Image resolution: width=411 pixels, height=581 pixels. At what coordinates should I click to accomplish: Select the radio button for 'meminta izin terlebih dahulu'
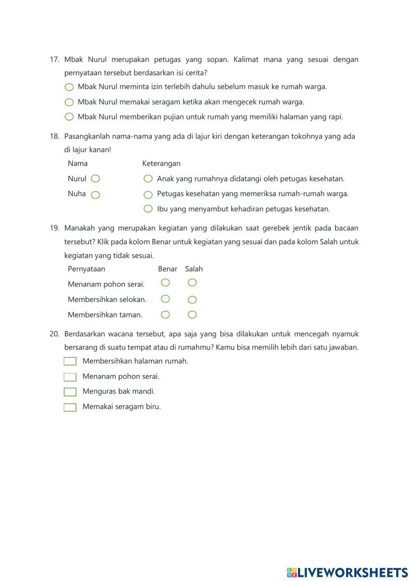(x=69, y=87)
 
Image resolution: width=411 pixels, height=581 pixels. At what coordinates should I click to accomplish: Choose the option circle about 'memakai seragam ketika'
(x=69, y=102)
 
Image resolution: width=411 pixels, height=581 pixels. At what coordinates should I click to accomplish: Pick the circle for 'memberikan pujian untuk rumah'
(x=69, y=117)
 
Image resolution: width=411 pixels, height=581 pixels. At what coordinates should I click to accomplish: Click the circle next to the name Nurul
(x=95, y=179)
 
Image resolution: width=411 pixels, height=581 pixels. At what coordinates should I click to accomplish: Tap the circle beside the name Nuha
(x=95, y=195)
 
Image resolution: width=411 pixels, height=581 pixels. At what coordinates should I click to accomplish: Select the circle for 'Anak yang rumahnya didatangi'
(x=148, y=179)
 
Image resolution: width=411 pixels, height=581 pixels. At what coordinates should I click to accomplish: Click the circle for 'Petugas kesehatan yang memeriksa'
(x=148, y=194)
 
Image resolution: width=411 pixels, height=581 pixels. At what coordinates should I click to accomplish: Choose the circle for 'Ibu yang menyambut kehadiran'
(x=148, y=209)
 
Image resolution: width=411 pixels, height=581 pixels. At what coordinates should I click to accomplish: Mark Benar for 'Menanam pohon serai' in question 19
(x=165, y=282)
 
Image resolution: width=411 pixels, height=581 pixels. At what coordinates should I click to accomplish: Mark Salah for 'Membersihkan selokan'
(x=192, y=300)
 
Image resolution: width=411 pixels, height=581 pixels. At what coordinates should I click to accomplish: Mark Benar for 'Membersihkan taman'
(x=165, y=315)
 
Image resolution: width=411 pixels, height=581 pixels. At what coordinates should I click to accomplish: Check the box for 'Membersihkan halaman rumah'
(x=70, y=361)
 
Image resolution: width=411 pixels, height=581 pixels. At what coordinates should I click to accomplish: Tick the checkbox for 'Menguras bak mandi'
(x=70, y=392)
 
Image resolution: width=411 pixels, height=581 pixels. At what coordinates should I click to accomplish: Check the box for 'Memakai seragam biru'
(x=70, y=407)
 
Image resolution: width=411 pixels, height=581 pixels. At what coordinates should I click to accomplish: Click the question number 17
(x=55, y=60)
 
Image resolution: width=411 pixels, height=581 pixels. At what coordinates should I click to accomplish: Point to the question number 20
(x=55, y=334)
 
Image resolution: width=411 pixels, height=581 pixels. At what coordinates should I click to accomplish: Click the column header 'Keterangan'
(x=161, y=164)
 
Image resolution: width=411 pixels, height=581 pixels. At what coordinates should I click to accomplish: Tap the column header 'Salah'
(x=194, y=269)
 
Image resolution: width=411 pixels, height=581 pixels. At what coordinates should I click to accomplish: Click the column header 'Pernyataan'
(x=86, y=269)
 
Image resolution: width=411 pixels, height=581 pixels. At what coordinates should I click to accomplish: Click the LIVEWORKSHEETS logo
(x=347, y=572)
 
